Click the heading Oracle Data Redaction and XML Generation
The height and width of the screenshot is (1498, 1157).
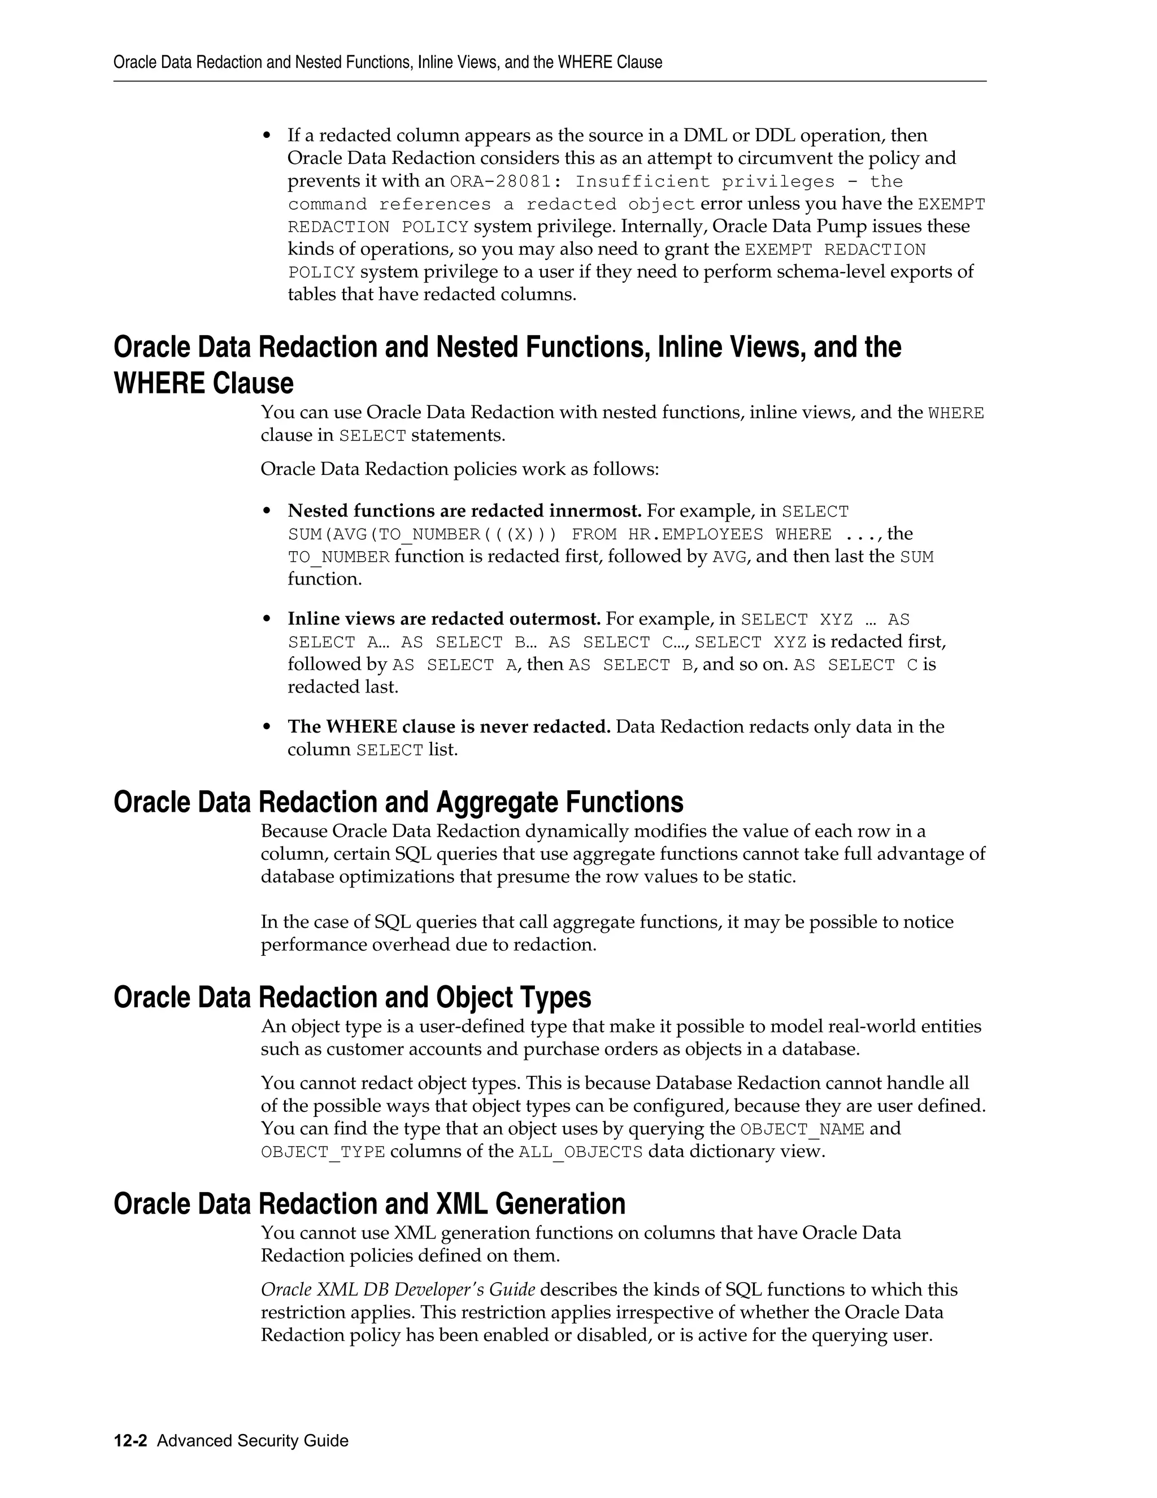pyautogui.click(x=369, y=1203)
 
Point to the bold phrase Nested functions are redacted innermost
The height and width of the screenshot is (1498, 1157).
pyautogui.click(x=464, y=511)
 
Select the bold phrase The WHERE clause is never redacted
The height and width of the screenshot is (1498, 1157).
pyautogui.click(x=448, y=726)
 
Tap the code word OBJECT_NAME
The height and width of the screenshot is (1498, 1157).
pyautogui.click(x=802, y=1129)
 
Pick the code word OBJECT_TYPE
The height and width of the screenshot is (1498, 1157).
pyautogui.click(x=323, y=1151)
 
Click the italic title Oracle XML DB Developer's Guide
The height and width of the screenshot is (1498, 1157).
pyautogui.click(x=398, y=1289)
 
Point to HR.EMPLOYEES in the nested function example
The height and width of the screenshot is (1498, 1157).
pyautogui.click(x=695, y=534)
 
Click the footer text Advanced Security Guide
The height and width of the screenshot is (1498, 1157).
pyautogui.click(x=252, y=1440)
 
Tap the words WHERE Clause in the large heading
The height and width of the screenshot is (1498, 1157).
pyautogui.click(x=203, y=383)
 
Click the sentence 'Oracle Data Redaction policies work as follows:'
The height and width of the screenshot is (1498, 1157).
pyautogui.click(x=459, y=469)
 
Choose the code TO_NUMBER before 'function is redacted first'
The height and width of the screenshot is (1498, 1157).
pyautogui.click(x=338, y=557)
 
